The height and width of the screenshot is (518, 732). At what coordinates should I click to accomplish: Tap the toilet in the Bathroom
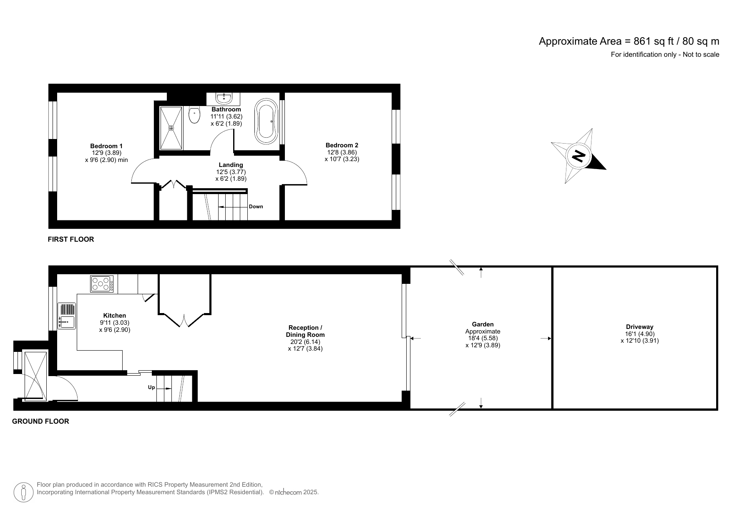(x=194, y=115)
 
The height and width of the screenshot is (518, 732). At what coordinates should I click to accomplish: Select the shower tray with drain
(x=171, y=128)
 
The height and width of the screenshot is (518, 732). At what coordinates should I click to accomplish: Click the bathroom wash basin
(x=224, y=99)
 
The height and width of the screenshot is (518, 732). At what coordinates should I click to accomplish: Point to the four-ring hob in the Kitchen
(x=102, y=284)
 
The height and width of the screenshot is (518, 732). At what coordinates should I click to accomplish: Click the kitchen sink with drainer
(x=67, y=316)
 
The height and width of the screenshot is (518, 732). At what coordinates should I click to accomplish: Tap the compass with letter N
(x=579, y=156)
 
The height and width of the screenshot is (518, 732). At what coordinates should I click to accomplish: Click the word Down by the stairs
(x=256, y=207)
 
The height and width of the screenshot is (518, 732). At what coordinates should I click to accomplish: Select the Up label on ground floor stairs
(x=151, y=388)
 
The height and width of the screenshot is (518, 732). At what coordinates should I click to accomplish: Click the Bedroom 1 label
(x=106, y=146)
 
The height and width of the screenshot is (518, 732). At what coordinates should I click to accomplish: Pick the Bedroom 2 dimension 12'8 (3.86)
(x=342, y=152)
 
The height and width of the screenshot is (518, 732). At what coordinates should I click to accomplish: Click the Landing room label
(x=231, y=165)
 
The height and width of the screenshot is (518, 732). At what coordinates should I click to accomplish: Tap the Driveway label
(x=639, y=327)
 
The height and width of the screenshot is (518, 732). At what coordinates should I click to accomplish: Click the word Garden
(x=483, y=324)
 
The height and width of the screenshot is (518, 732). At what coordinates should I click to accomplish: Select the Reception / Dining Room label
(x=305, y=331)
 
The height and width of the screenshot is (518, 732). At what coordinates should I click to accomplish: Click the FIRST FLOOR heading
(x=71, y=239)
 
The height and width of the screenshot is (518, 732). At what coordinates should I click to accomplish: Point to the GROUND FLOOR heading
(x=40, y=421)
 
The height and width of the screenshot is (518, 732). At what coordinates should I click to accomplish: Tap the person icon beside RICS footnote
(x=24, y=493)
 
